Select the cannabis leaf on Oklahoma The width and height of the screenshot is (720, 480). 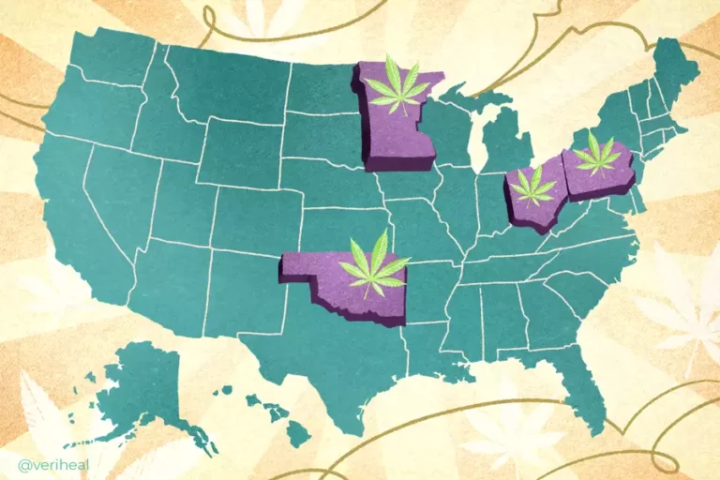[x=373, y=262]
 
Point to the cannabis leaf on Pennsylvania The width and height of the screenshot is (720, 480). [x=596, y=154]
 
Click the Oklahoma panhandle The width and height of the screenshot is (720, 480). [x=305, y=266]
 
